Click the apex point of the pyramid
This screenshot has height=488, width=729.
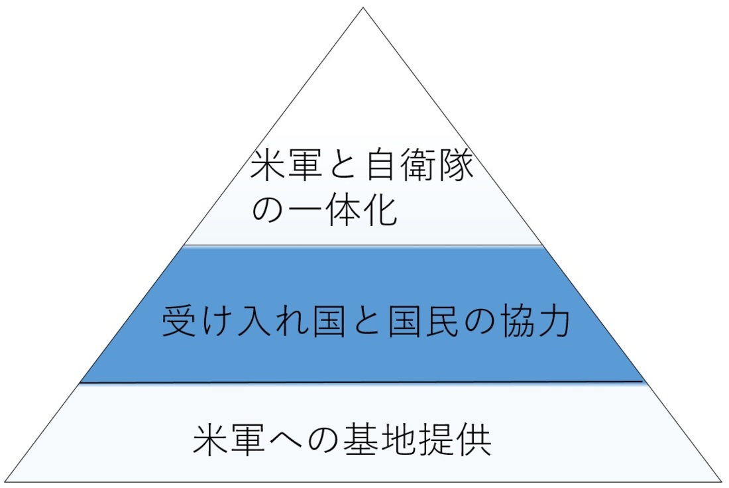pyautogui.click(x=363, y=7)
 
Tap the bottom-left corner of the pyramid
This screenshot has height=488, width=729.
pyautogui.click(x=5, y=481)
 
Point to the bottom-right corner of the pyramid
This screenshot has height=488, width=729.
pyautogui.click(x=721, y=481)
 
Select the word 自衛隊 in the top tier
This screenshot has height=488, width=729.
pyautogui.click(x=420, y=165)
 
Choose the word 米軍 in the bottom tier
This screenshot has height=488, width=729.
pyautogui.click(x=229, y=440)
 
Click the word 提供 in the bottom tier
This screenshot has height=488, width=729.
pyautogui.click(x=455, y=440)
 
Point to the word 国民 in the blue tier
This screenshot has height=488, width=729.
pyautogui.click(x=424, y=321)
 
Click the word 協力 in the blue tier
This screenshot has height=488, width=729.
pyautogui.click(x=535, y=321)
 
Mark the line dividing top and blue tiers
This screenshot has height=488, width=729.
pyautogui.click(x=363, y=245)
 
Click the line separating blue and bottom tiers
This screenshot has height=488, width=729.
pyautogui.click(x=361, y=383)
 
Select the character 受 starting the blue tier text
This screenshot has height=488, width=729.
pyautogui.click(x=178, y=321)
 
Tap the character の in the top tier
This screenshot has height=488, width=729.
pyautogui.click(x=268, y=211)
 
